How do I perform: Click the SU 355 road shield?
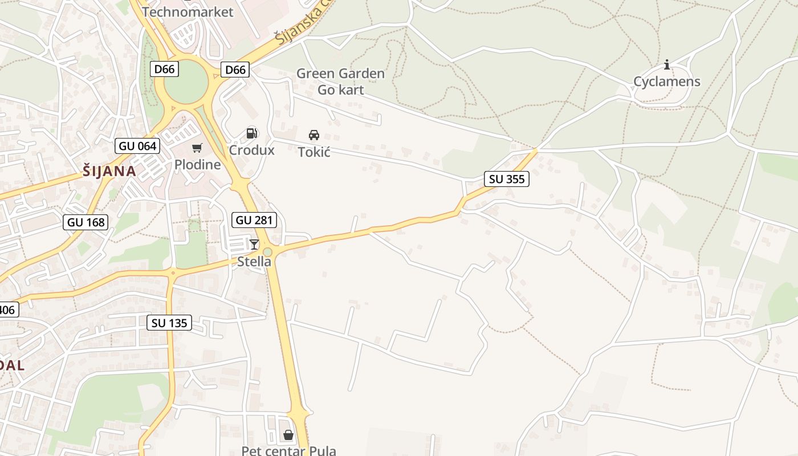tap(507, 179)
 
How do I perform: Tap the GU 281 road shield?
tap(254, 220)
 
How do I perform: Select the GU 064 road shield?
tap(137, 146)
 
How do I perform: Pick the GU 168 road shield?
tap(86, 222)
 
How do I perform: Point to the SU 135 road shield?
tap(169, 323)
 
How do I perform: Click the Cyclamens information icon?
tap(667, 65)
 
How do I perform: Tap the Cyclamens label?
tap(667, 82)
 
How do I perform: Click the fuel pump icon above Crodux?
tap(251, 134)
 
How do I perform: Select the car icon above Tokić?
tap(313, 135)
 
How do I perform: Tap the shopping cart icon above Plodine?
tap(197, 148)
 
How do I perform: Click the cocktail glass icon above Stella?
tap(254, 245)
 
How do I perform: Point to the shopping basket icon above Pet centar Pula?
tap(288, 435)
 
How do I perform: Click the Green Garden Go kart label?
tap(340, 82)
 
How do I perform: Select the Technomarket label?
tap(188, 12)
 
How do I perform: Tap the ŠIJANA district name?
tap(109, 171)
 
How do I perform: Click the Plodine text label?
tap(197, 165)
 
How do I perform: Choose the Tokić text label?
tap(314, 152)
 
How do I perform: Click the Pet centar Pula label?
tap(288, 451)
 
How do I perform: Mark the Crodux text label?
tap(251, 150)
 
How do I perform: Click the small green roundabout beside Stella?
tap(267, 252)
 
